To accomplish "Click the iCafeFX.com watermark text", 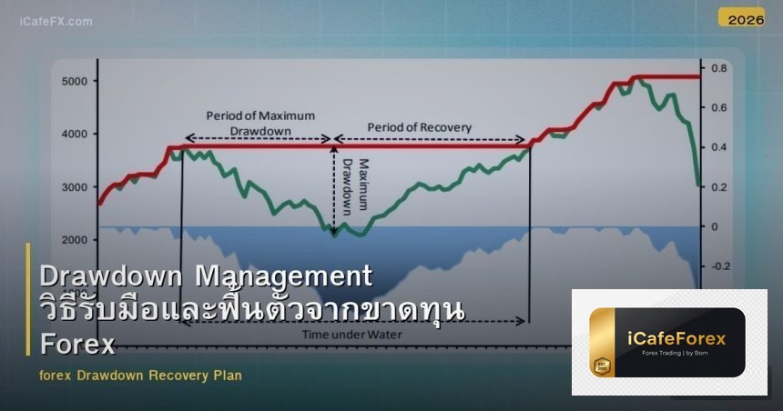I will tap(56, 21).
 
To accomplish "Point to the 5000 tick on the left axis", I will tap(75, 81).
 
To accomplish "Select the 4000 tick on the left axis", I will tap(75, 135).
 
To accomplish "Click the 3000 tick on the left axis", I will tap(75, 187).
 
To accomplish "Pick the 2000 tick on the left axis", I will tap(75, 240).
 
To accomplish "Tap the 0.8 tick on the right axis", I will tap(718, 69).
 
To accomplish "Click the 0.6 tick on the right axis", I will tap(718, 108).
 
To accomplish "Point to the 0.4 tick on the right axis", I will tap(718, 147).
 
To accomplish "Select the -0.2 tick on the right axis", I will tap(720, 266).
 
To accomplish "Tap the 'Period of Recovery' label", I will tap(420, 127).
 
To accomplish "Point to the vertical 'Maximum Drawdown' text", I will tap(355, 185).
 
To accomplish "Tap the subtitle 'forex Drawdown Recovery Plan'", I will tap(141, 375).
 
